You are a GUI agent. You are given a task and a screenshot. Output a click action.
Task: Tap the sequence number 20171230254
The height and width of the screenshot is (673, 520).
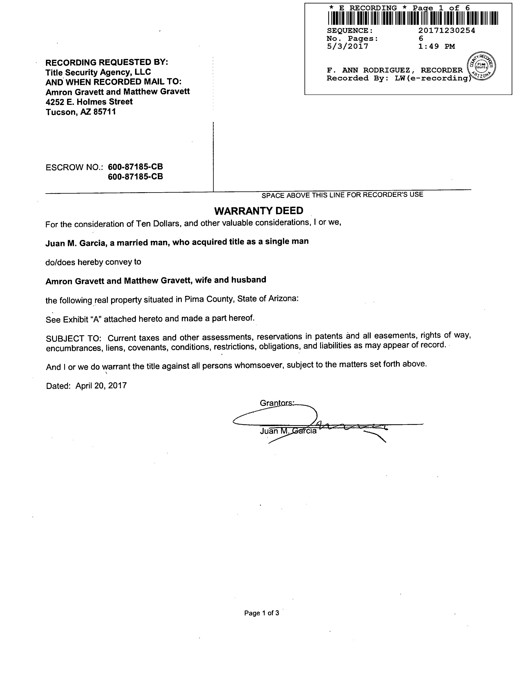click(446, 30)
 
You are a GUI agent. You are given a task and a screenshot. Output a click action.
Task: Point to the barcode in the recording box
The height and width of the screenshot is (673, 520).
click(413, 18)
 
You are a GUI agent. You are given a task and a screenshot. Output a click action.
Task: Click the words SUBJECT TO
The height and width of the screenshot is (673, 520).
click(73, 338)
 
